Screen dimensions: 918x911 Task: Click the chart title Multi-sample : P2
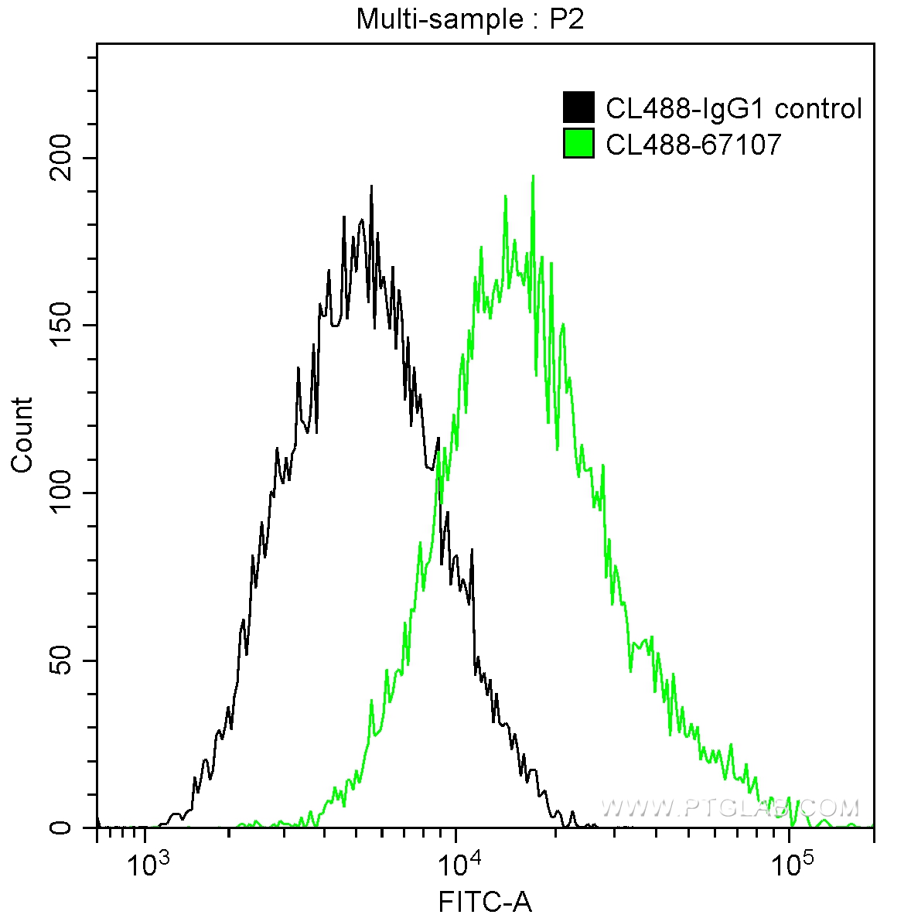[x=469, y=19]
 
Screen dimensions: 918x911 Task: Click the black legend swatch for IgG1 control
[x=578, y=108]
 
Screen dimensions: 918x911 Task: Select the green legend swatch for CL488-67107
[x=578, y=143]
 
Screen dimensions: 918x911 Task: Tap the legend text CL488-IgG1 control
[x=733, y=109]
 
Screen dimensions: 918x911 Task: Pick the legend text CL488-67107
[x=693, y=144]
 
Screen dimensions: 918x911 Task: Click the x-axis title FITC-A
[x=485, y=902]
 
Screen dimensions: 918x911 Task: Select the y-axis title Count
[x=22, y=435]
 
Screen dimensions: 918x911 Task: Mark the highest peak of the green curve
[x=533, y=176]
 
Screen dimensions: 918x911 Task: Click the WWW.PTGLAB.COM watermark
[x=729, y=808]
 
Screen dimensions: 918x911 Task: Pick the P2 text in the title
[x=566, y=19]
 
